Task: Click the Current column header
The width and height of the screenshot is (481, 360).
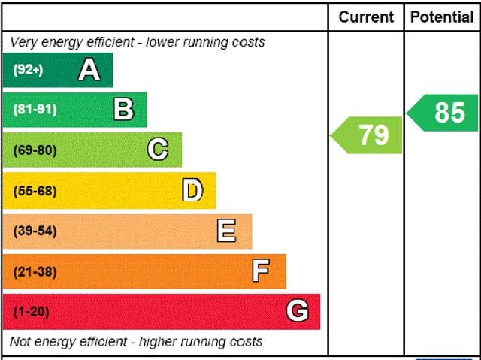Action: click(x=366, y=17)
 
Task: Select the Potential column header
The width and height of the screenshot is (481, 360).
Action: click(x=443, y=17)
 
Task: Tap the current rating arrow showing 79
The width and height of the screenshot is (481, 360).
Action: click(x=368, y=135)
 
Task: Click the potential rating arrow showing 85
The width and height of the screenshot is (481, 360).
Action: click(x=444, y=113)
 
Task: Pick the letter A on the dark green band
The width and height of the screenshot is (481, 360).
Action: click(x=89, y=70)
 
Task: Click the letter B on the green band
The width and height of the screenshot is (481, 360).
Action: click(x=123, y=110)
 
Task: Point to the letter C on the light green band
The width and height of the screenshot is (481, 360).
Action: click(x=158, y=150)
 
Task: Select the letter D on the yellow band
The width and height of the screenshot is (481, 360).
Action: click(x=192, y=191)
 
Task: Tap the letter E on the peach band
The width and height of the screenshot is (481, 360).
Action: click(x=226, y=231)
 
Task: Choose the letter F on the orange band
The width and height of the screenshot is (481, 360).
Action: click(x=261, y=271)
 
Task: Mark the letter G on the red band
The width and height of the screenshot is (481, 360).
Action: click(x=298, y=311)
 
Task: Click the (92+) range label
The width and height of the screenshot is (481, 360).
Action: click(x=29, y=70)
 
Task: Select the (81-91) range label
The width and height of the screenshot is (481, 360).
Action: click(x=35, y=110)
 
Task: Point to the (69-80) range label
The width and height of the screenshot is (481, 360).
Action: click(x=35, y=150)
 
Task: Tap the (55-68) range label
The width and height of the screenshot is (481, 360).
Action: click(x=35, y=191)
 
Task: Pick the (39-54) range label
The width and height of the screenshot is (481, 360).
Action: click(x=35, y=231)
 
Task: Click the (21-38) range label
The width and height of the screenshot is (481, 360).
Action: click(x=35, y=271)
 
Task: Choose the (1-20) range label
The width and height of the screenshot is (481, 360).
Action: click(x=31, y=311)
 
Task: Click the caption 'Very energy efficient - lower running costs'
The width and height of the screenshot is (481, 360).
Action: click(x=138, y=42)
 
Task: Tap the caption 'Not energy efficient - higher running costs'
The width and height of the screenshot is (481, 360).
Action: click(x=136, y=342)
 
